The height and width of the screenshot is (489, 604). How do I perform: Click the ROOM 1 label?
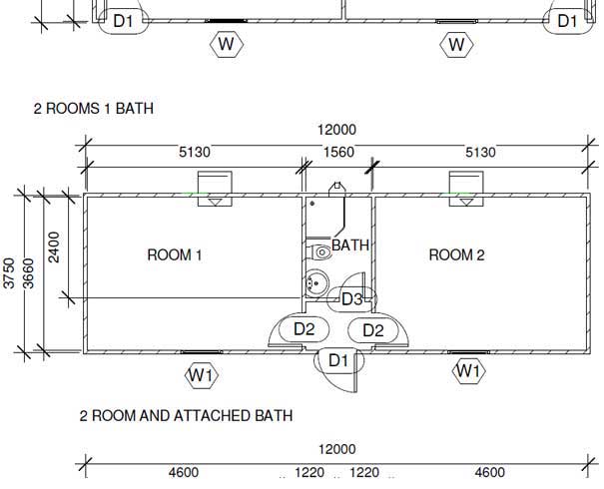point(175,254)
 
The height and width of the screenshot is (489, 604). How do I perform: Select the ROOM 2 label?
point(457,254)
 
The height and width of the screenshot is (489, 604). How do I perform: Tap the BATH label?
point(350,245)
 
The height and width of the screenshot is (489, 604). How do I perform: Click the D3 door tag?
point(352,299)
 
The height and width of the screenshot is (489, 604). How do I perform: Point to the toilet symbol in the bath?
point(318,252)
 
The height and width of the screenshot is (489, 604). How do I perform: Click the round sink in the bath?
point(316,283)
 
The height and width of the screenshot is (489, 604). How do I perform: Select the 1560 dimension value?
point(338,152)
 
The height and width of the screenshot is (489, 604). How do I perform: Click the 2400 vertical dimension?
point(54,247)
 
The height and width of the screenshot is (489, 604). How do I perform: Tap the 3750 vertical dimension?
point(8,273)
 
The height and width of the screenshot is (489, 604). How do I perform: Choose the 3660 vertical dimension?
point(29,273)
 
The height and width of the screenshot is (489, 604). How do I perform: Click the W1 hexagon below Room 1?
point(202,374)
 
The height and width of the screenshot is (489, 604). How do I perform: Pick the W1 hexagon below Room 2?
point(469,371)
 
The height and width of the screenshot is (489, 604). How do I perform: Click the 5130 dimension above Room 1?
point(195,152)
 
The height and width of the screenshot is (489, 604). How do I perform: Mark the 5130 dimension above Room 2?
point(480,152)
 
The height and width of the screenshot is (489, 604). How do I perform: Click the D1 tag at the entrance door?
point(339,361)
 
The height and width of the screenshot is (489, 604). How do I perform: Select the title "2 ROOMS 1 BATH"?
point(94,109)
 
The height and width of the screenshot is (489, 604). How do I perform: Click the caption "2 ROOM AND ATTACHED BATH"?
point(186,416)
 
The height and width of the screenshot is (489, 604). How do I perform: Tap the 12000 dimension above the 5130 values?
point(337,130)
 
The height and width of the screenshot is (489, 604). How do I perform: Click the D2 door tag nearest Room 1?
point(304,329)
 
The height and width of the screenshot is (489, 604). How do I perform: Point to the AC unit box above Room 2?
point(466,189)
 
